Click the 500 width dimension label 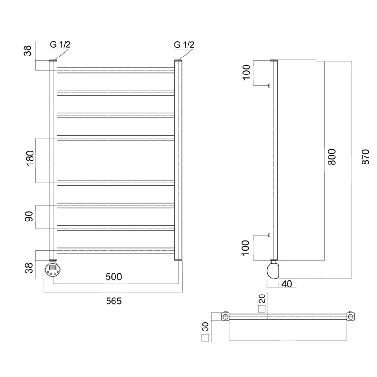[114, 277]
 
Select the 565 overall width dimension [114, 301]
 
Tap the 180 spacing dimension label [30, 158]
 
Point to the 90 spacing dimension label [29, 216]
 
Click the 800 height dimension [332, 157]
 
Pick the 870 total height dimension [365, 157]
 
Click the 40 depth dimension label [287, 284]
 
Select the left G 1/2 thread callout [60, 44]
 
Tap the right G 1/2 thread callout [184, 44]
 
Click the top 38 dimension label [28, 50]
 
